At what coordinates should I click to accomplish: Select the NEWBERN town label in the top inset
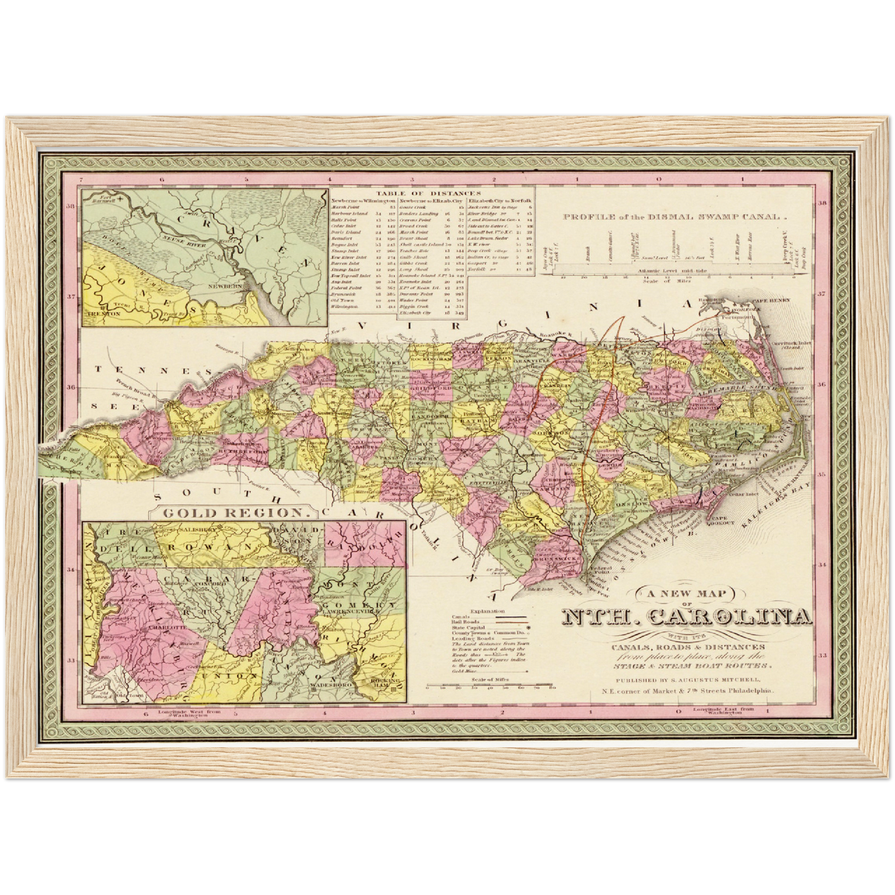(234, 287)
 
